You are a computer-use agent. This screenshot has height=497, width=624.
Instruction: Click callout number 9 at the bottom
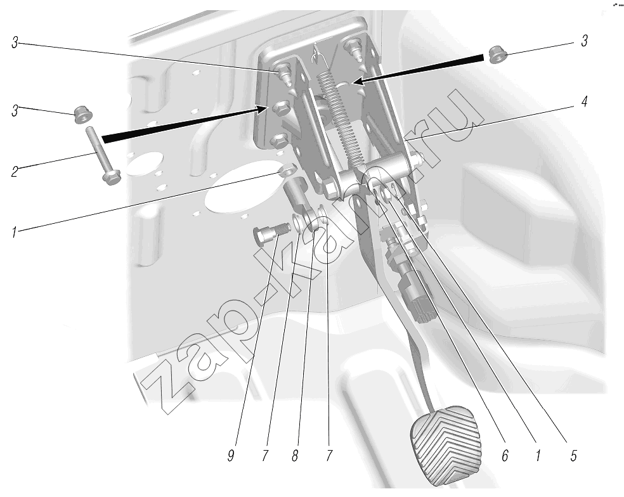click(x=231, y=456)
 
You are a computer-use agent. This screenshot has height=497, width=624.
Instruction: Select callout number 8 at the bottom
click(x=295, y=456)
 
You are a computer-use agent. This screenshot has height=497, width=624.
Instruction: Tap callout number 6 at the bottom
click(x=505, y=456)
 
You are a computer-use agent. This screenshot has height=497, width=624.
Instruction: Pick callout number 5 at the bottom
click(x=573, y=456)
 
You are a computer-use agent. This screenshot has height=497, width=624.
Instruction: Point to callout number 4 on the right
click(x=584, y=102)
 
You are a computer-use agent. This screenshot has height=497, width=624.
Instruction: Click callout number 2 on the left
click(x=15, y=172)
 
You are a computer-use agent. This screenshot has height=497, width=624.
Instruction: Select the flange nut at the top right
click(x=497, y=55)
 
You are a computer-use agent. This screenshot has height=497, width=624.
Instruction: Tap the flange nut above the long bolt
click(x=84, y=115)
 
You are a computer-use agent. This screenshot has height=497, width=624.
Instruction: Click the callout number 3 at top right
click(x=584, y=41)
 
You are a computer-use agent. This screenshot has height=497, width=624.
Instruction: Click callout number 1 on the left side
click(x=15, y=232)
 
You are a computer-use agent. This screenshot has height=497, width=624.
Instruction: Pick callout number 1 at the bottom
click(x=538, y=456)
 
